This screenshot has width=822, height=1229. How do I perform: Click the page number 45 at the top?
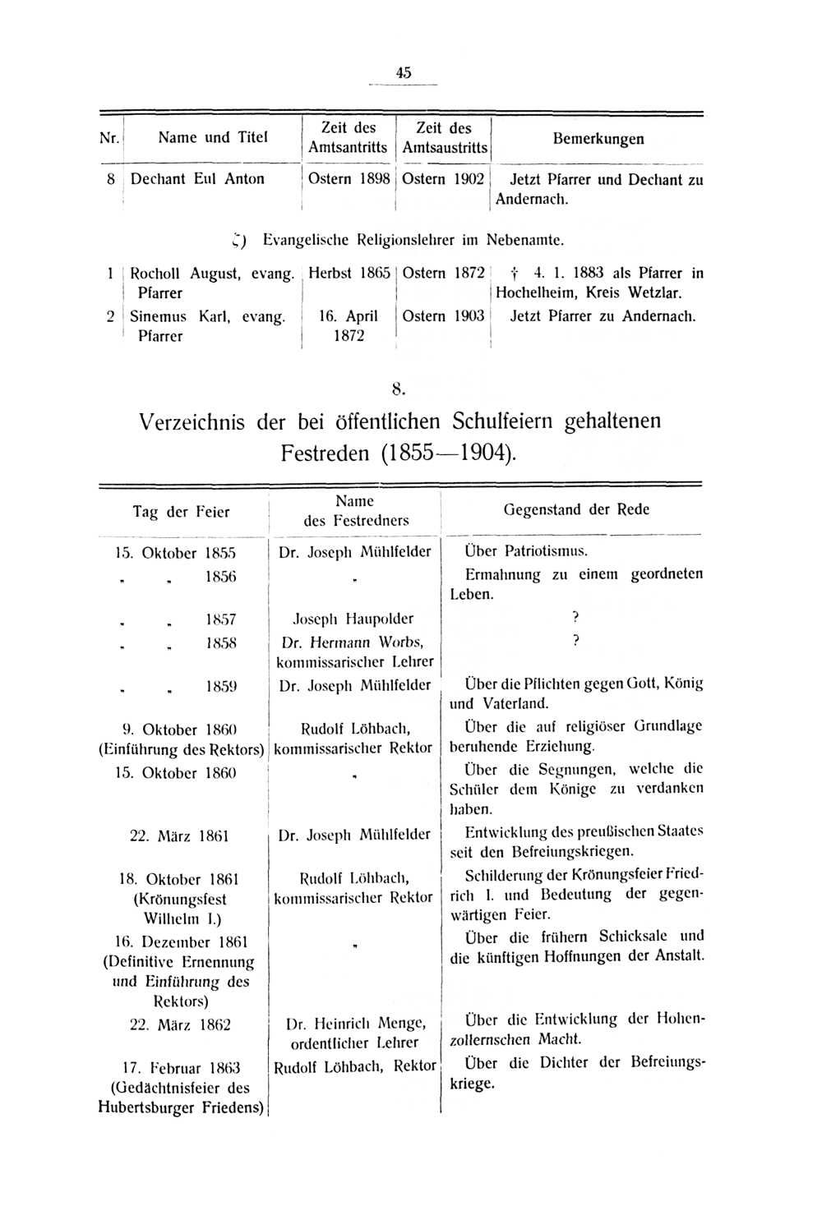pos(403,72)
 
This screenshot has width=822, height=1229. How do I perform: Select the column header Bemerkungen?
pos(598,138)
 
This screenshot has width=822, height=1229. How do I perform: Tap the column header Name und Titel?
pos(213,137)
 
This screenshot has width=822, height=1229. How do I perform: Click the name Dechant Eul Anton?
pos(197,179)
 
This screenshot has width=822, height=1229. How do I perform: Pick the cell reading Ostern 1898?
pos(349,179)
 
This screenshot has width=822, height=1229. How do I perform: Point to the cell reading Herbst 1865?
pos(349,274)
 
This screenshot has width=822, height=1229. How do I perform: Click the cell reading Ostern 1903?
pos(443,316)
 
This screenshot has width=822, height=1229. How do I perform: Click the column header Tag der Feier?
pos(181,512)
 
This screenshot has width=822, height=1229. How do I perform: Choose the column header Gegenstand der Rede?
pos(576,509)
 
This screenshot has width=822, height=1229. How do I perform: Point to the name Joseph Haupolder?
pos(353,619)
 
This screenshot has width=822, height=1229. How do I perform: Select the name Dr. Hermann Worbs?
pos(353,642)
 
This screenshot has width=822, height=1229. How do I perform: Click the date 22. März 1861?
pos(179,836)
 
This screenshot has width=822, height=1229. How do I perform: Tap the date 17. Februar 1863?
pos(181,1068)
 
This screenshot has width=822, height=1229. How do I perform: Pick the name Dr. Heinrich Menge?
pos(355,1024)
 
